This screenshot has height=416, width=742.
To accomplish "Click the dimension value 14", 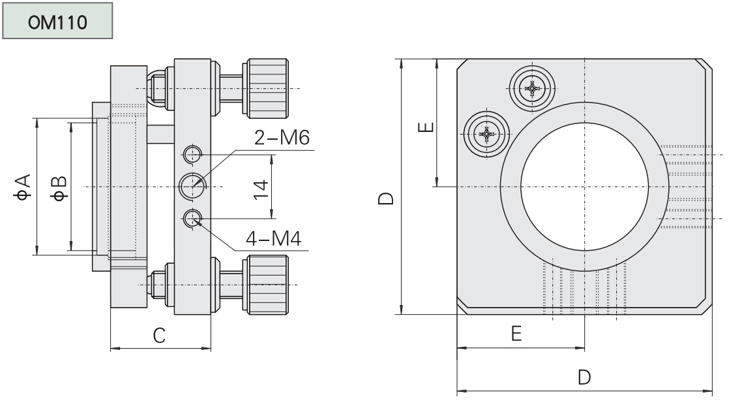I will pyautogui.click(x=261, y=186).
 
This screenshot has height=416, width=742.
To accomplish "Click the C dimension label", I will pyautogui.click(x=158, y=335).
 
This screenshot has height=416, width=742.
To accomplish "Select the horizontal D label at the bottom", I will pyautogui.click(x=584, y=377).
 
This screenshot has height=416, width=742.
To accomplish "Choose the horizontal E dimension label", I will pyautogui.click(x=516, y=334).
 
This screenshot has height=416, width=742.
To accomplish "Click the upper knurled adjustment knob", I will pyautogui.click(x=266, y=88).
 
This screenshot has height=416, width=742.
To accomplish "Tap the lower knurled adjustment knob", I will pyautogui.click(x=266, y=285).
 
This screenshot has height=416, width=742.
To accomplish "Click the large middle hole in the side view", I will pyautogui.click(x=193, y=186).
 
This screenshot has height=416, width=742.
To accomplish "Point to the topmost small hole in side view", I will pyautogui.click(x=192, y=155).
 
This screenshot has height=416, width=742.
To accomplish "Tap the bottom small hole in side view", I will pyautogui.click(x=192, y=218).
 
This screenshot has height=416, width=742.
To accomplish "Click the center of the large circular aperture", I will pyautogui.click(x=584, y=186).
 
